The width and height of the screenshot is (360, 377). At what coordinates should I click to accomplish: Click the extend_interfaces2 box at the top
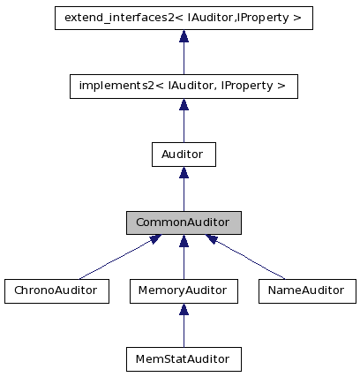pyautogui.click(x=184, y=17)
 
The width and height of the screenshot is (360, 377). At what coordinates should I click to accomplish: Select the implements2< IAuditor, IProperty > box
pyautogui.click(x=184, y=86)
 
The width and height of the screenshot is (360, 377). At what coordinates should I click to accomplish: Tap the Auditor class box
pyautogui.click(x=184, y=155)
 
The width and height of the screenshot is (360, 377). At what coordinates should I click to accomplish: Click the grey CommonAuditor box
pyautogui.click(x=184, y=222)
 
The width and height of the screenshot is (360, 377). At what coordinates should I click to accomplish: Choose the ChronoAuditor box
pyautogui.click(x=56, y=291)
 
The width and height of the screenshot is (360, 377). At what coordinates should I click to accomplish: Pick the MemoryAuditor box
pyautogui.click(x=184, y=291)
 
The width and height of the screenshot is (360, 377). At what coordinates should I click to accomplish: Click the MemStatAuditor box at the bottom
pyautogui.click(x=184, y=359)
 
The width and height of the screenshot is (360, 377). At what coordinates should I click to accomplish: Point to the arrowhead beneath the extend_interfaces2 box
pyautogui.click(x=184, y=36)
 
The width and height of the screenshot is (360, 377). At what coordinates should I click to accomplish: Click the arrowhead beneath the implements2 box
pyautogui.click(x=184, y=105)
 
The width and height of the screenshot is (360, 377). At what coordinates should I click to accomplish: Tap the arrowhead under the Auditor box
pyautogui.click(x=184, y=173)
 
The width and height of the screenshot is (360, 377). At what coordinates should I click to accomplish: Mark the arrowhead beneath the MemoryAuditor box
pyautogui.click(x=184, y=310)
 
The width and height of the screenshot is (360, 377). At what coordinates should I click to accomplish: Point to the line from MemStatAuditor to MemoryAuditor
pyautogui.click(x=184, y=332)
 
